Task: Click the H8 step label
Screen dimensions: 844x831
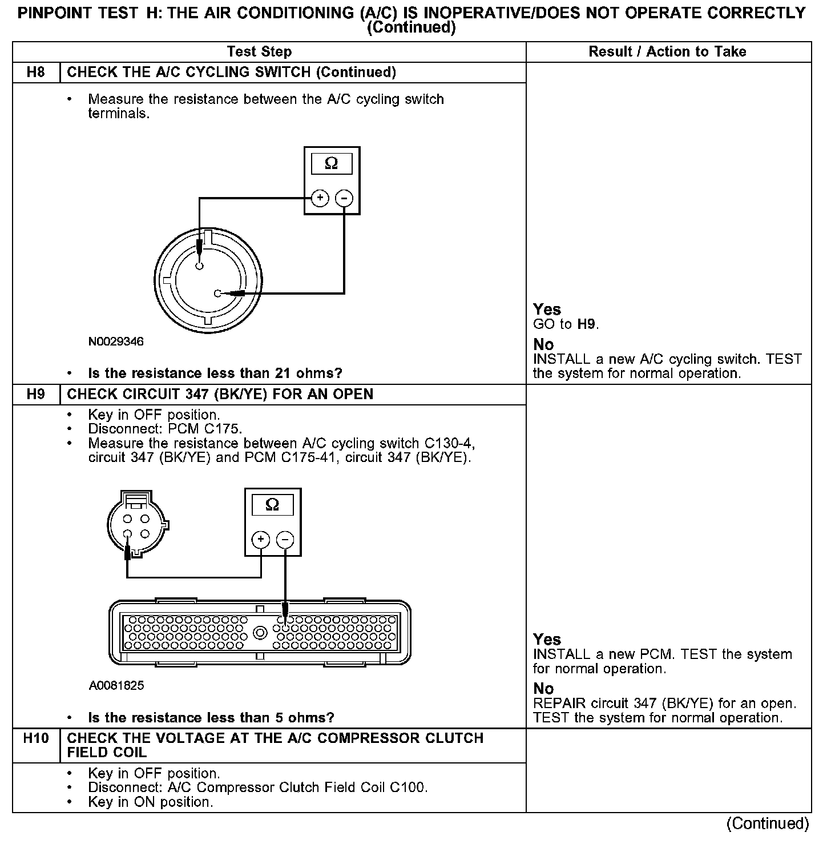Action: pyautogui.click(x=35, y=73)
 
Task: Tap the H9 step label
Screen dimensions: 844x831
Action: pyautogui.click(x=35, y=395)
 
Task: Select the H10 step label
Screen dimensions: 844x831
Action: pyautogui.click(x=35, y=738)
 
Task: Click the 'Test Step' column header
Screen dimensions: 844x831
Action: pyautogui.click(x=259, y=52)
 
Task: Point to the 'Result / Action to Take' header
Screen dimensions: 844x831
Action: pyautogui.click(x=667, y=52)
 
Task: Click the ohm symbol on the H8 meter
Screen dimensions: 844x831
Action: pyautogui.click(x=331, y=164)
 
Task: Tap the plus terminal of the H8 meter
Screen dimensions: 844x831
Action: pyautogui.click(x=320, y=198)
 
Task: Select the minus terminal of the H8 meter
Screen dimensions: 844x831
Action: pyautogui.click(x=344, y=198)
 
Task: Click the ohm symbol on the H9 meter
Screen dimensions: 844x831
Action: pyautogui.click(x=272, y=505)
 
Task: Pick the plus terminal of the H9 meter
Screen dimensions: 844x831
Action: pyautogui.click(x=261, y=540)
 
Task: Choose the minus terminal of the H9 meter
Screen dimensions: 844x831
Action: pyautogui.click(x=285, y=540)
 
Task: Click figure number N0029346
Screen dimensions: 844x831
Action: pyautogui.click(x=116, y=342)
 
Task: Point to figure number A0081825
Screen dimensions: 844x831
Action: pyautogui.click(x=116, y=685)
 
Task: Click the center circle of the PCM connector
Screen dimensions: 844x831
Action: pyautogui.click(x=260, y=633)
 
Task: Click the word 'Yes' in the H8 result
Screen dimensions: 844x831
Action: pyautogui.click(x=547, y=310)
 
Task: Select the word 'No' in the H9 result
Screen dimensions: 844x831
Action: pyautogui.click(x=543, y=689)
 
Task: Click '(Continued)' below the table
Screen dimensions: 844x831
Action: pyautogui.click(x=767, y=823)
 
